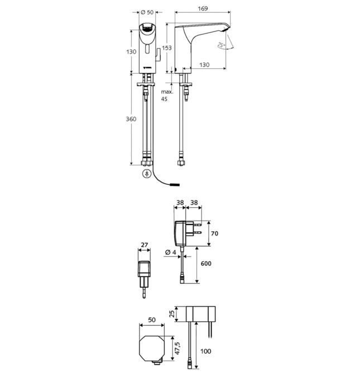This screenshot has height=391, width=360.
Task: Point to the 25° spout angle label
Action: (x=222, y=45)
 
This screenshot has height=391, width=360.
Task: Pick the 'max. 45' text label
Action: (x=167, y=95)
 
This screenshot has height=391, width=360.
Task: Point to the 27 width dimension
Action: (x=145, y=244)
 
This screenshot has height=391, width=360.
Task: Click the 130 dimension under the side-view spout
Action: (x=204, y=65)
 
